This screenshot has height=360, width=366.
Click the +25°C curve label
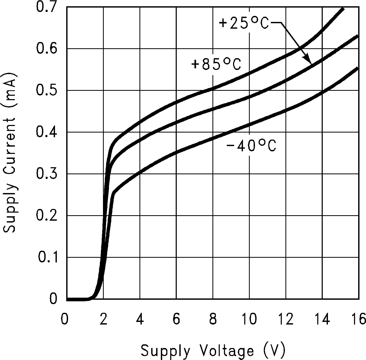point(243,23)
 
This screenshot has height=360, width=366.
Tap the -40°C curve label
point(251,146)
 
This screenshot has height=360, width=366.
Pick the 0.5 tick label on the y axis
point(46,90)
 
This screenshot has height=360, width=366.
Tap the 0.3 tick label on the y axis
point(46,174)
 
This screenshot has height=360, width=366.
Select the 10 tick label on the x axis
point(249,319)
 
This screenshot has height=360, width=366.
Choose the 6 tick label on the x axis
point(176,319)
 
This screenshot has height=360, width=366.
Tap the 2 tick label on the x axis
point(103,319)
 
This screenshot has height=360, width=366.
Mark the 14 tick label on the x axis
point(322,319)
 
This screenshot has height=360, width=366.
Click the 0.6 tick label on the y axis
point(46,49)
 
